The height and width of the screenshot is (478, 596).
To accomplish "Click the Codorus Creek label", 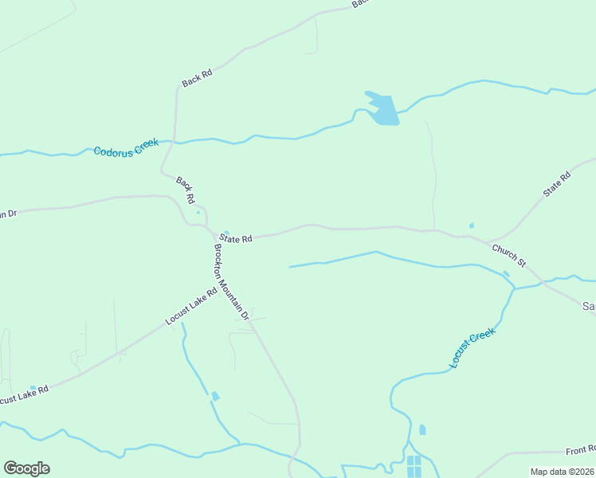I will [x=126, y=147].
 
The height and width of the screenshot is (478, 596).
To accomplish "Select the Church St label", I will [x=509, y=256].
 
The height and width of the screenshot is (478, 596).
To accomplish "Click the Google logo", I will [x=26, y=468].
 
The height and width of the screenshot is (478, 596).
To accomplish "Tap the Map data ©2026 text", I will [x=562, y=472].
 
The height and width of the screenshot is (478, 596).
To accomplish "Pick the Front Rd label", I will [x=581, y=450].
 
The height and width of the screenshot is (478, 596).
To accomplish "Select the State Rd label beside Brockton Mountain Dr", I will [x=237, y=238].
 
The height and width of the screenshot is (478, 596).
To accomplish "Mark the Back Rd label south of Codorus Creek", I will [x=186, y=190].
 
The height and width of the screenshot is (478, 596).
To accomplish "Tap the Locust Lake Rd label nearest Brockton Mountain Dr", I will [x=191, y=306].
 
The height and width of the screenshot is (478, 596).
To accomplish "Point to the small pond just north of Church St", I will [x=472, y=225].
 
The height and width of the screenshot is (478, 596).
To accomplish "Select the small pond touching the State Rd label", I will [x=227, y=233].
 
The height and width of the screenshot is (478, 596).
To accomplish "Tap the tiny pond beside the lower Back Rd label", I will [x=198, y=212].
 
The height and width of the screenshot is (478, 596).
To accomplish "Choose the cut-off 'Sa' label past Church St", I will [x=589, y=306].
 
